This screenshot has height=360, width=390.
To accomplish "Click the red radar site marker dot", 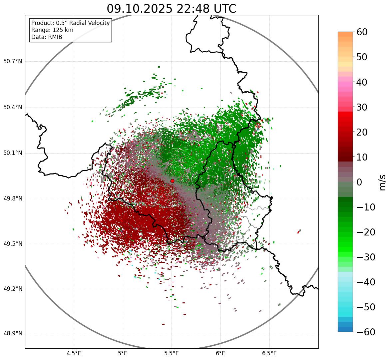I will pyautogui.click(x=172, y=181).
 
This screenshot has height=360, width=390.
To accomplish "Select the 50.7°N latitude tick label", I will pyautogui.click(x=13, y=62).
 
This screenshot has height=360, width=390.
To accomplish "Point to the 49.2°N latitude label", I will pyautogui.click(x=13, y=289).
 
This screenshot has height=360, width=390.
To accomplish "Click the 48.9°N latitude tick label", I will pyautogui.click(x=13, y=334).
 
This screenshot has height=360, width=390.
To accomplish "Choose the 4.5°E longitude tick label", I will pyautogui.click(x=74, y=353).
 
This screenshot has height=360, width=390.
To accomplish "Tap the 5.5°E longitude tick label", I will pyautogui.click(x=172, y=353).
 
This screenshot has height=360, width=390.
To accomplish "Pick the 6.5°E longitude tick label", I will pyautogui.click(x=269, y=353).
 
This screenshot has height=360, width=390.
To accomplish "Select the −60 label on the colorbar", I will pyautogui.click(x=366, y=332).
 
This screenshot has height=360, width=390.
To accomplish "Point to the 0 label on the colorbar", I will pyautogui.click(x=359, y=182).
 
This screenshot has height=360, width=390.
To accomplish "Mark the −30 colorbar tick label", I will pyautogui.click(x=366, y=257).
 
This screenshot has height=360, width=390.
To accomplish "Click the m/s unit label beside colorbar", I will pyautogui.click(x=383, y=182).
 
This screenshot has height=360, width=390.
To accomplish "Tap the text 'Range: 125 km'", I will pyautogui.click(x=52, y=30).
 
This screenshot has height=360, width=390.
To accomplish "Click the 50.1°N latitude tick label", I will pyautogui.click(x=13, y=153).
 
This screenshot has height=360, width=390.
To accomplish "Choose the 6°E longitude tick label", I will pyautogui.click(x=220, y=353).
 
